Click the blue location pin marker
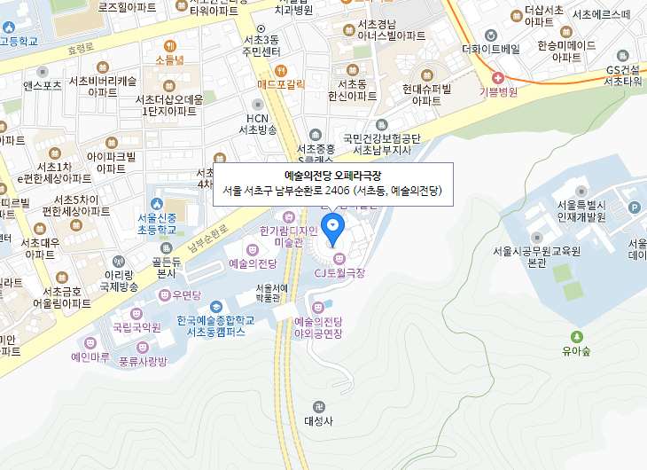[333, 227]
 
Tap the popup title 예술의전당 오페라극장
[332, 175]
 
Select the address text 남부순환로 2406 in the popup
[314, 191]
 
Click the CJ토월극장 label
[340, 272]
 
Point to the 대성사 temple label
[317, 421]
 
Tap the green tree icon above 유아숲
[578, 336]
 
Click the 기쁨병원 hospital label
[498, 90]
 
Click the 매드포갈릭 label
[281, 84]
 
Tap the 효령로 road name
[80, 49]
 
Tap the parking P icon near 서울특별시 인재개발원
[634, 208]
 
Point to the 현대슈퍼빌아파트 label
[426, 95]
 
